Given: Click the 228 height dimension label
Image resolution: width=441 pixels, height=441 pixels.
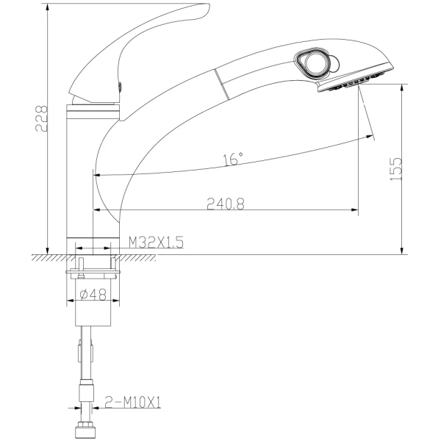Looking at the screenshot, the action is [41, 118].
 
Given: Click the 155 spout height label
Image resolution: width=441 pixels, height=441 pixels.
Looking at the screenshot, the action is [397, 169].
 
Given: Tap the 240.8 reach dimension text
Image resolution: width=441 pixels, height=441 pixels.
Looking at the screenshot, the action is [226, 204].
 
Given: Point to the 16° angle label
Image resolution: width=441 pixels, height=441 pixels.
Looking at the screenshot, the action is [233, 159].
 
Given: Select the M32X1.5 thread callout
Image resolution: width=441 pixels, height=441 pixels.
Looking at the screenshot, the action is [156, 242].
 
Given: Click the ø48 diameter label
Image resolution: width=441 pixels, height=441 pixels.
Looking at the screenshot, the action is [93, 295].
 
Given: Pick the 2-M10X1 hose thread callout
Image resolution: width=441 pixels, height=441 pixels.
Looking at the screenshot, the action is [132, 402].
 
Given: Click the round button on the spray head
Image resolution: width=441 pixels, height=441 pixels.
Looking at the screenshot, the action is [315, 62].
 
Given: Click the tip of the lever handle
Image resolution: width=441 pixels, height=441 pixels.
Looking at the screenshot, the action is [208, 6].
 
